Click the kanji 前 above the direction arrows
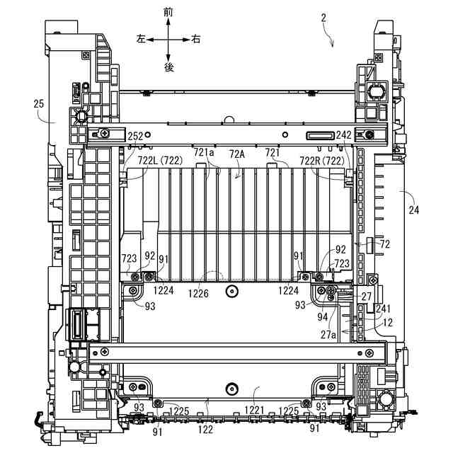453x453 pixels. [168, 11]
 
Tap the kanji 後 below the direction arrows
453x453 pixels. [168, 67]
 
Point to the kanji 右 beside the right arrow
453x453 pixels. [196, 40]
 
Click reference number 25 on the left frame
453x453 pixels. [39, 103]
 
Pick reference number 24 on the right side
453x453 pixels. [413, 210]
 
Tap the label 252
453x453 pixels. [134, 136]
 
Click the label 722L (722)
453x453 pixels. [161, 161]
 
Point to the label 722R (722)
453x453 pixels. [323, 161]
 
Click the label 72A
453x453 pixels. [237, 154]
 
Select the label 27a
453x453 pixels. [327, 335]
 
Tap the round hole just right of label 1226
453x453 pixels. [231, 291]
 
